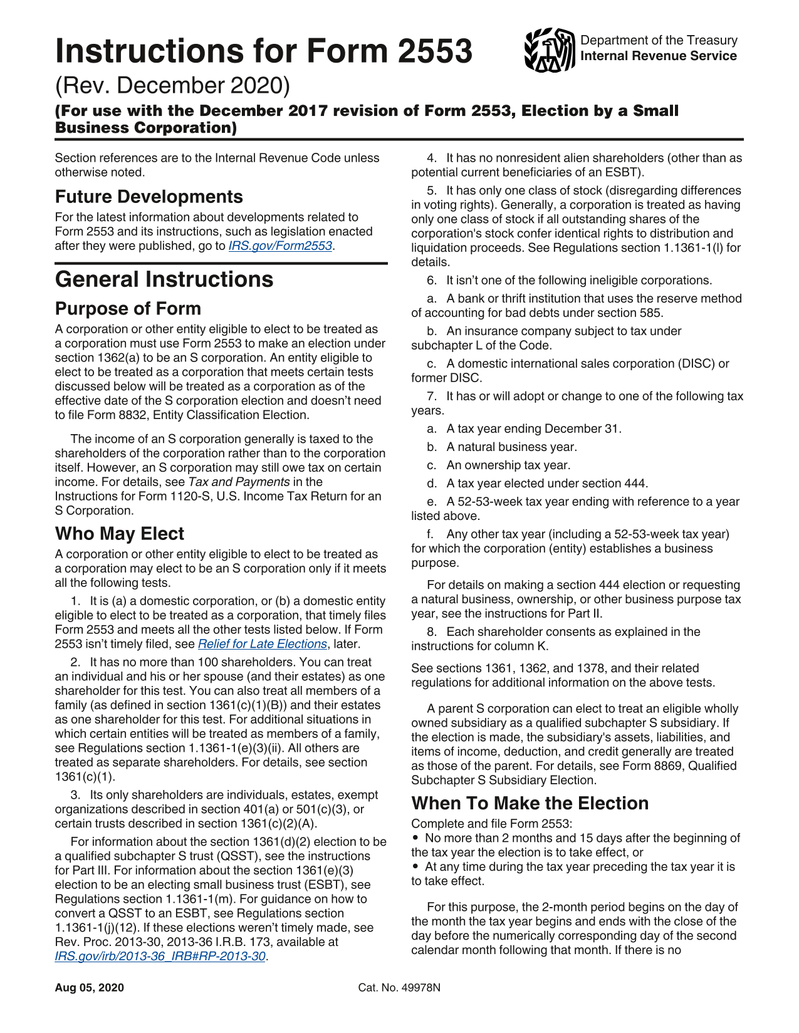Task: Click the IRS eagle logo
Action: [x=549, y=49]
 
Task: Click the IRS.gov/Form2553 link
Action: [x=280, y=246]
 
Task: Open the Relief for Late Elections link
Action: [x=263, y=644]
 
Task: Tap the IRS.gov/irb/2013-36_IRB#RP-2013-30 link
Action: [x=160, y=957]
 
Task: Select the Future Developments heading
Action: [x=149, y=197]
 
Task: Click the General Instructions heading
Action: [x=164, y=279]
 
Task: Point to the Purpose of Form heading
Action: [x=128, y=309]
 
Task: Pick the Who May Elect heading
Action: [x=120, y=534]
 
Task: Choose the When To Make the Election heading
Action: [x=530, y=803]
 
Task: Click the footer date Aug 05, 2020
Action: [x=89, y=988]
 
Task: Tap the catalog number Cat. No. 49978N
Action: [x=399, y=988]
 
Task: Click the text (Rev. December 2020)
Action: [x=172, y=86]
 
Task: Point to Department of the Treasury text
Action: [x=659, y=41]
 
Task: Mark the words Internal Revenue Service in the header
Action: [x=658, y=56]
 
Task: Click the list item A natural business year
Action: [x=511, y=447]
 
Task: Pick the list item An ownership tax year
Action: [x=508, y=465]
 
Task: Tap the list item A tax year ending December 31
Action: [x=534, y=429]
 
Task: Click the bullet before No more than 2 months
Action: [x=415, y=838]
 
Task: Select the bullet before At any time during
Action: [x=415, y=867]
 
